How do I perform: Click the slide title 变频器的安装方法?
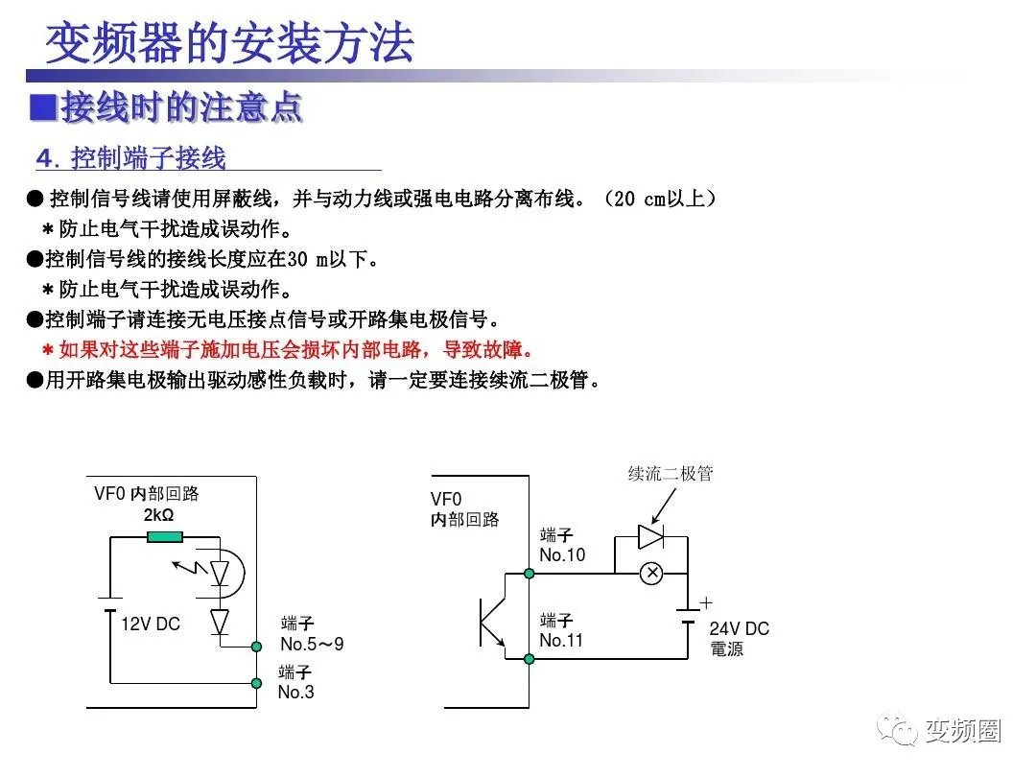pos(230,42)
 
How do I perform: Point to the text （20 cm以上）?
pos(659,200)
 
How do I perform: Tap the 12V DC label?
pos(151,624)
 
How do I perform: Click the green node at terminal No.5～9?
pos(256,647)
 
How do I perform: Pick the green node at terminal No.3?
pos(256,683)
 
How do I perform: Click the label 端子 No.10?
pos(562,545)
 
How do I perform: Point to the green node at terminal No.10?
pos(530,574)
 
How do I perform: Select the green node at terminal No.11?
pos(530,658)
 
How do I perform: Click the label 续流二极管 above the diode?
pos(671,474)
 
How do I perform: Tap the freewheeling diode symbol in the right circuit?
pos(652,536)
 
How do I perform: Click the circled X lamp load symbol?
pos(651,574)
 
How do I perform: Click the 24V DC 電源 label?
pos(739,639)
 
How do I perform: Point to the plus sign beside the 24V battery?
pos(706,603)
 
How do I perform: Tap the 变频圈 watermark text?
pos(963,731)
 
